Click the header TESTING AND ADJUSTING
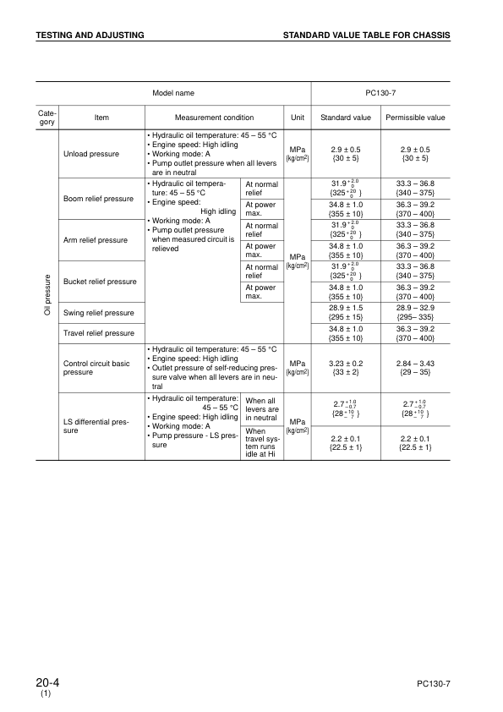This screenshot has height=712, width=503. coord(90,35)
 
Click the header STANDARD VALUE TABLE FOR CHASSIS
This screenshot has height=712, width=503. coord(366,35)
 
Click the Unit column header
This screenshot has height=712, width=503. coord(298,118)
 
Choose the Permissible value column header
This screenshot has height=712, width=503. coord(415,118)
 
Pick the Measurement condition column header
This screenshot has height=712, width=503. coord(214,118)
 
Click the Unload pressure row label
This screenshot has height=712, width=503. coord(92,154)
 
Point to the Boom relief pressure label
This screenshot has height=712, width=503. coord(100,199)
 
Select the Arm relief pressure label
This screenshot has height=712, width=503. coord(96,240)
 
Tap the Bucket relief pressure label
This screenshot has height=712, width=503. coord(101,281)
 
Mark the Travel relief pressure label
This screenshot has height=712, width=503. coord(99,333)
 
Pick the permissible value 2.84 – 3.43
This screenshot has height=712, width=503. coord(415,362)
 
